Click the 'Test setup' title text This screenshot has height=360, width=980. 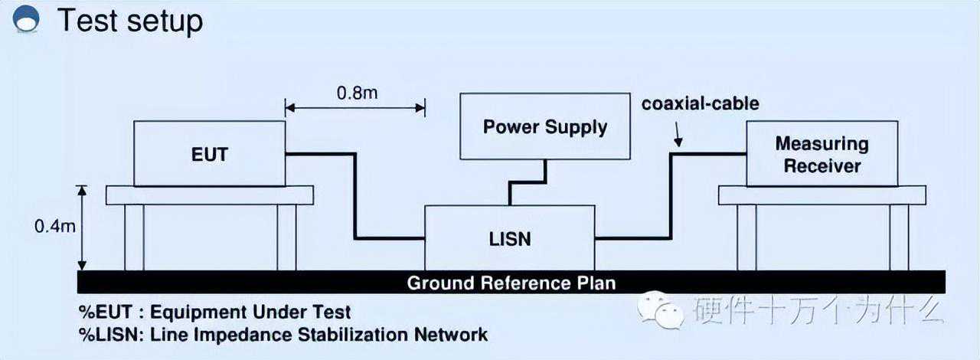coord(130,21)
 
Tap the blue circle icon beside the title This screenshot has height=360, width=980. coord(27,18)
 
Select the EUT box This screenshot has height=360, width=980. coord(209,153)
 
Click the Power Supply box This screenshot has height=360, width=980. coord(545,126)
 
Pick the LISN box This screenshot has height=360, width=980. coord(510,237)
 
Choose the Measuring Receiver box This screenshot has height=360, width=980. coord(822,153)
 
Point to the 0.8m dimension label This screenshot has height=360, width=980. coord(357,93)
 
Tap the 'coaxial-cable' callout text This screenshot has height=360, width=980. coord(700,103)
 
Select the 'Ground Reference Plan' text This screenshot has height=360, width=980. coord(511,283)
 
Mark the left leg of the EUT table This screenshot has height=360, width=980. coord(134,237)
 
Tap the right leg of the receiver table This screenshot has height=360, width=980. coord(899,237)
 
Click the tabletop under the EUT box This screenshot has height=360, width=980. coord(209,195)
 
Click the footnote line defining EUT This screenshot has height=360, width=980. coord(215,313)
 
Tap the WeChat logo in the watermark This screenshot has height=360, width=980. coord(661,310)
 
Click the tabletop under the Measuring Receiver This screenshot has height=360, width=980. coord(822,195)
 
